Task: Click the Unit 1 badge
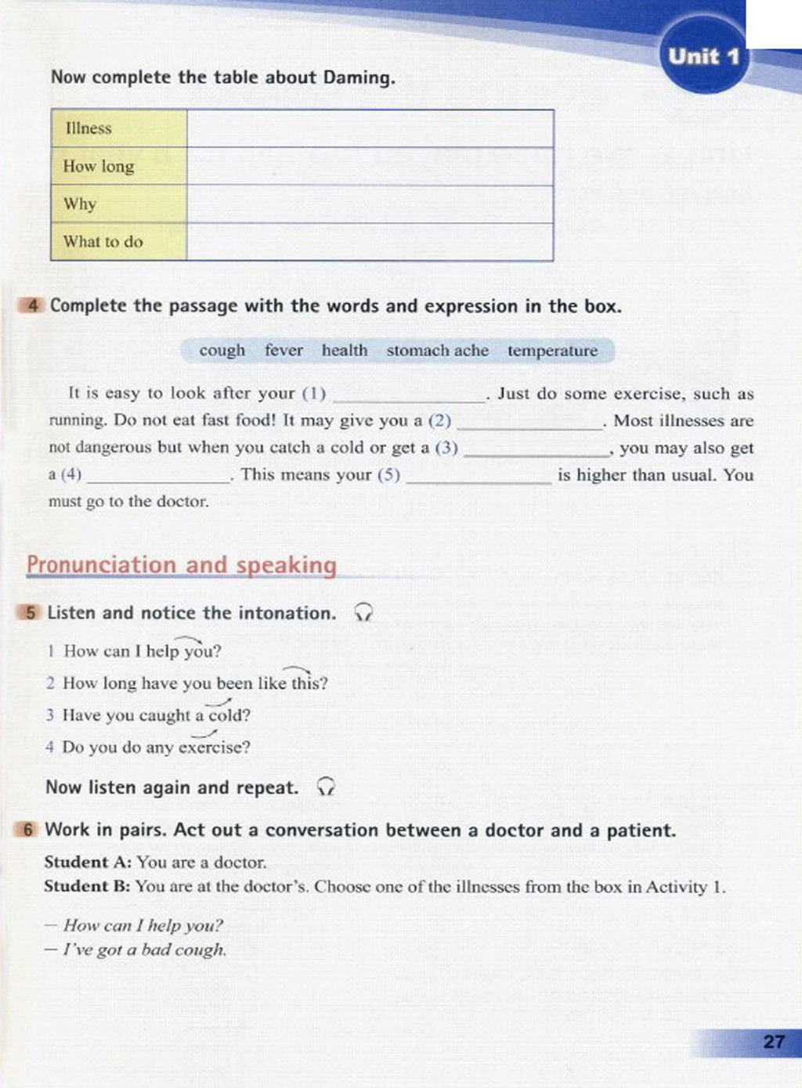(x=703, y=56)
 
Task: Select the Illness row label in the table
(x=89, y=128)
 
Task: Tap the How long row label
(x=99, y=166)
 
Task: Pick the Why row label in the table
(x=80, y=204)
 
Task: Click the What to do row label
(x=103, y=242)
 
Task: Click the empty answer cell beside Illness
(x=370, y=128)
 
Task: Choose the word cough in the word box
(x=222, y=351)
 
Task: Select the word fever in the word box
(x=284, y=351)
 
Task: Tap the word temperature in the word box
(x=552, y=351)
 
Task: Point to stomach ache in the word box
(x=437, y=351)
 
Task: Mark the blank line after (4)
(x=158, y=479)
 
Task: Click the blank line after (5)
(x=479, y=479)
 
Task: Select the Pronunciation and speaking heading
(x=182, y=565)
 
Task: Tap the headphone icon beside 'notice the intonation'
(x=363, y=613)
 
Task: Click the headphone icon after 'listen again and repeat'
(x=326, y=787)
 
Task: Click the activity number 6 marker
(x=27, y=830)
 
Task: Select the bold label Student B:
(x=87, y=887)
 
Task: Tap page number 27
(x=773, y=1042)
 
